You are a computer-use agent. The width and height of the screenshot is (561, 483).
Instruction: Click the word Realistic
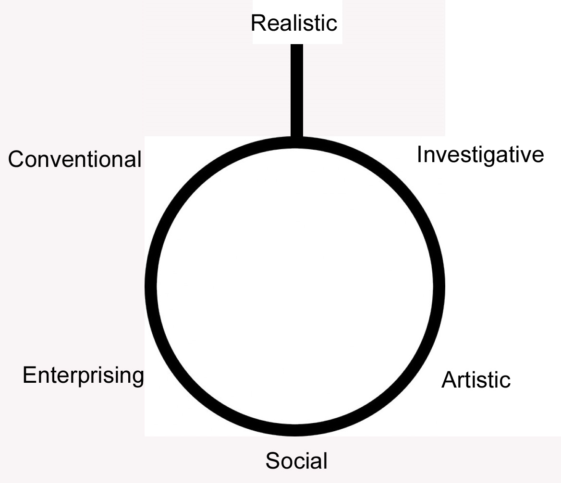294,23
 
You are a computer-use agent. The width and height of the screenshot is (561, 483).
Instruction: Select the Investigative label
480,155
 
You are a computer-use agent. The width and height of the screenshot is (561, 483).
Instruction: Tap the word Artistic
476,380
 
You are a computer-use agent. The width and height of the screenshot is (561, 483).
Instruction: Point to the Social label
296,460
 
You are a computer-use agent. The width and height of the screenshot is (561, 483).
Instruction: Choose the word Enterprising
83,375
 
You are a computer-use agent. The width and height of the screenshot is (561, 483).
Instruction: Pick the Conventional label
75,159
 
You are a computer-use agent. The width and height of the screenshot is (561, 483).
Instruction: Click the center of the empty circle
295,286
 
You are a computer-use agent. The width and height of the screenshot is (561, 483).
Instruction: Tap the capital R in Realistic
257,23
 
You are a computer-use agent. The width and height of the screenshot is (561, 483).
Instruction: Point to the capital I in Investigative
419,155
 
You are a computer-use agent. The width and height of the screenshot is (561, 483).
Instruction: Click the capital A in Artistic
448,380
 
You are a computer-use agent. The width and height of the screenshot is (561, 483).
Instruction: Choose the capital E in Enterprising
28,375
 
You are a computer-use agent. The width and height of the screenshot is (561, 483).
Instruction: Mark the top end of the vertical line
297,46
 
